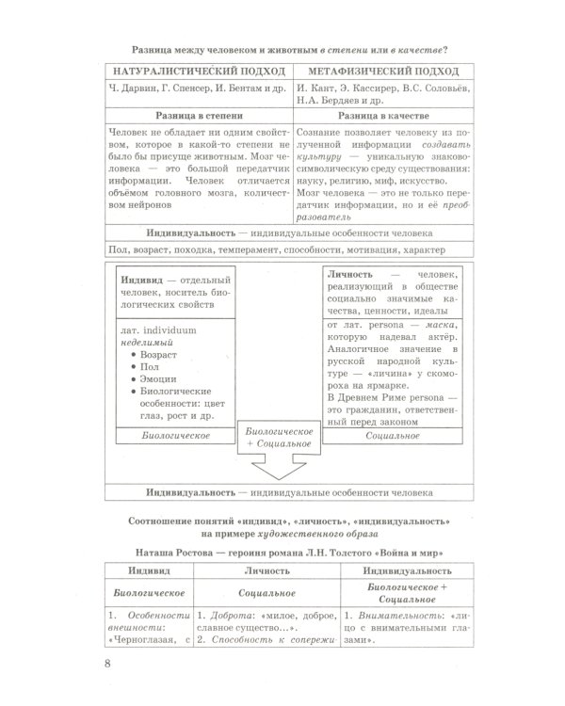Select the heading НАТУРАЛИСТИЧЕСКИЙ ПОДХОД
point(198,72)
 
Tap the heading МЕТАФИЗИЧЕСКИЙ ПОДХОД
point(379,72)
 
